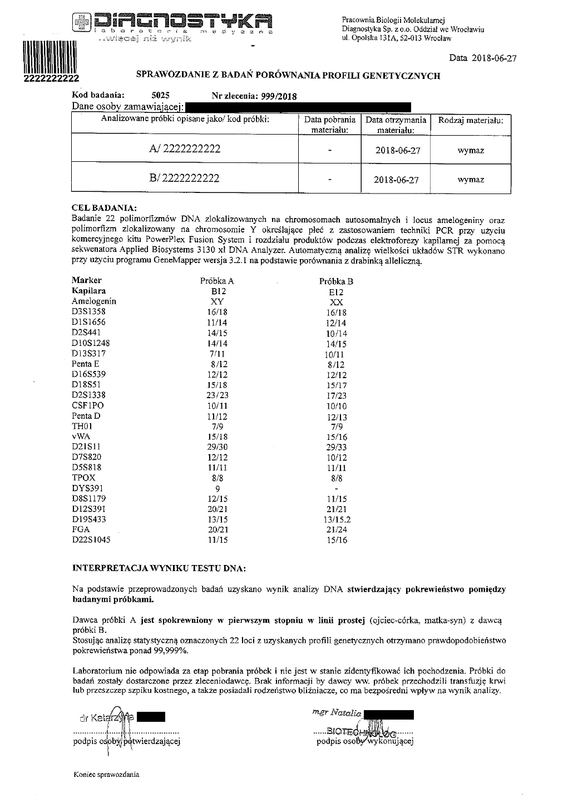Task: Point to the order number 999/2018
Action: coord(276,96)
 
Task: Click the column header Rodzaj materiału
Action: coord(471,120)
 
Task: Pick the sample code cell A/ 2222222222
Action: coord(185,149)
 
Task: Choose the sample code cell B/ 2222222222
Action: coord(184,178)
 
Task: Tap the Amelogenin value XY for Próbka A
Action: coord(216,301)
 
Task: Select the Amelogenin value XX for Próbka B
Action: coord(336,302)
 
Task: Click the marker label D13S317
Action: coord(88,354)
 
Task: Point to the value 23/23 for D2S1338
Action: coord(216,395)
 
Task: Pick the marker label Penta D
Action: coord(86,416)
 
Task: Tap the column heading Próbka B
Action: coord(336,281)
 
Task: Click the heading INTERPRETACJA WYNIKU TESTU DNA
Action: coord(159,569)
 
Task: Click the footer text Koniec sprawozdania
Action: coord(106,775)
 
